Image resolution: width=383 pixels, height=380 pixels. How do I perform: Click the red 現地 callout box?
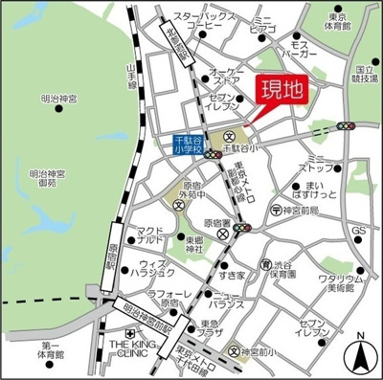[284, 92]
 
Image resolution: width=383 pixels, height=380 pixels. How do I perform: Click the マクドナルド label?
[150, 236]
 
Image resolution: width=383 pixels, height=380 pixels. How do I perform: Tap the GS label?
[359, 232]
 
